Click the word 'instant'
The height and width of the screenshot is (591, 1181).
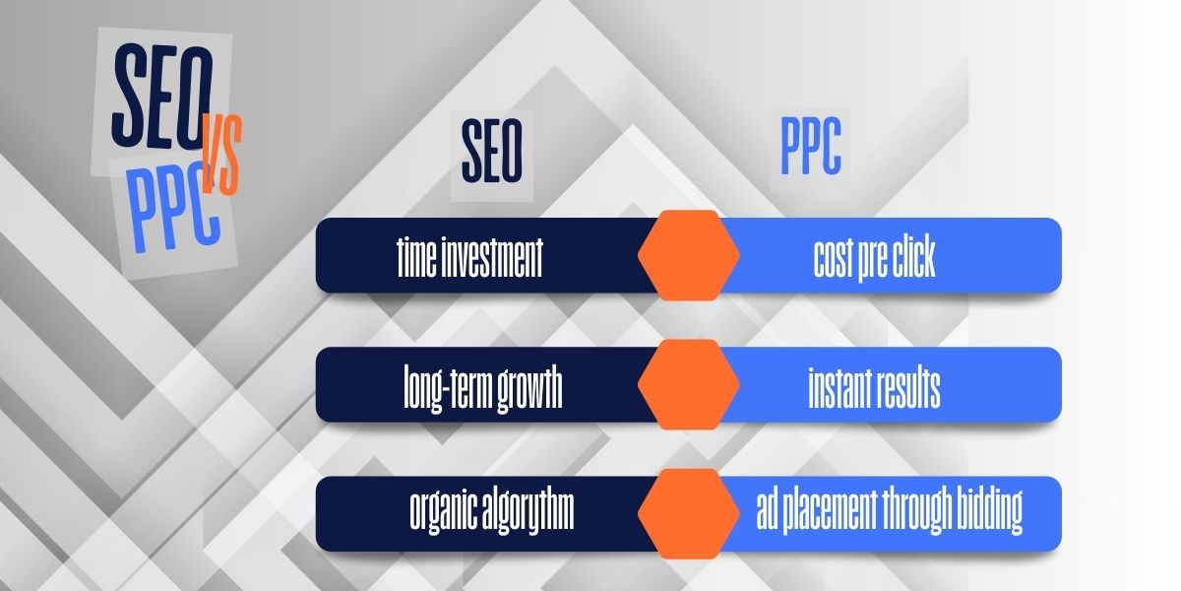[x=839, y=387]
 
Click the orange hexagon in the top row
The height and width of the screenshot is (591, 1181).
[x=689, y=256]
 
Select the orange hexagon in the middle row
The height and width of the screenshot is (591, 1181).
[x=689, y=385]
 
